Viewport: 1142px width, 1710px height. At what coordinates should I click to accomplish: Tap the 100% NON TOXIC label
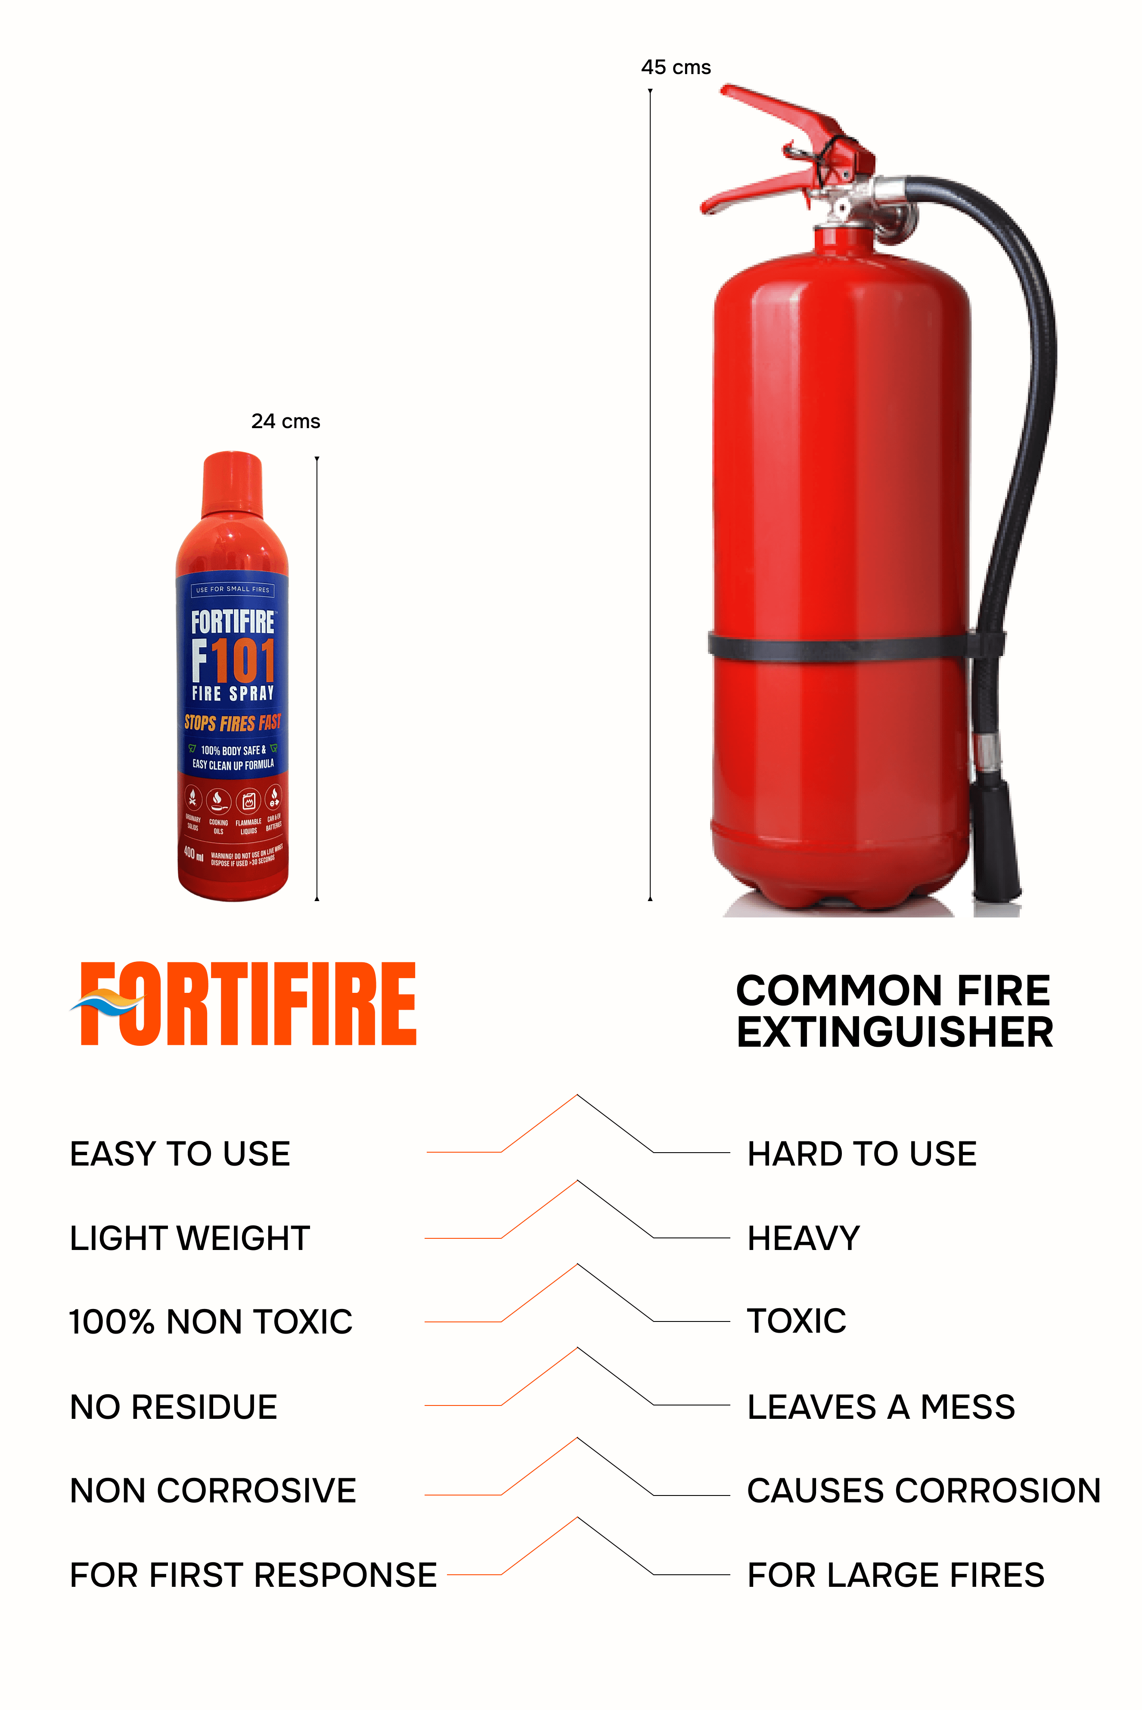pos(211,1322)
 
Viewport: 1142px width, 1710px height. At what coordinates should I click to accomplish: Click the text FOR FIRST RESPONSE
pos(253,1575)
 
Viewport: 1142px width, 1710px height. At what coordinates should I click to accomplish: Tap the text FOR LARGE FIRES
pos(896,1575)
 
